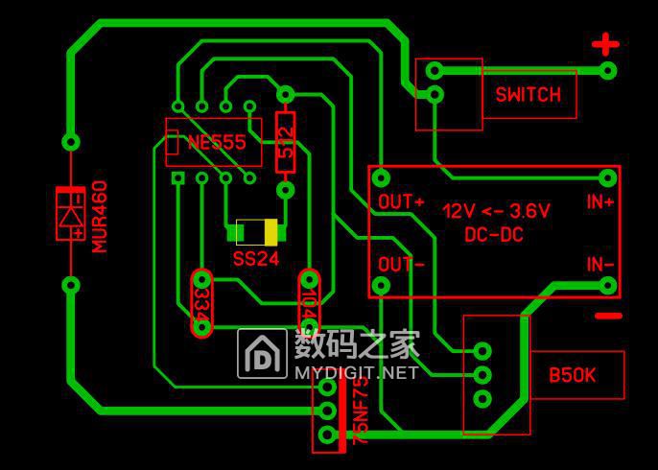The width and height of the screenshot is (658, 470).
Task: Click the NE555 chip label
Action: [216, 142]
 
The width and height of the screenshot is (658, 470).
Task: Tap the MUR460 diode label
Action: [100, 217]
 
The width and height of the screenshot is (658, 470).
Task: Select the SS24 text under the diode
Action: [255, 258]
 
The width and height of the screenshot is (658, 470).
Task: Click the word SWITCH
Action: [528, 94]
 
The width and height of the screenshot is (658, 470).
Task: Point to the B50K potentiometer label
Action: [572, 375]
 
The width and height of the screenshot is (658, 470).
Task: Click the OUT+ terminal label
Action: [401, 202]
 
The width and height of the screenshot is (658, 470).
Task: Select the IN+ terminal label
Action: [600, 202]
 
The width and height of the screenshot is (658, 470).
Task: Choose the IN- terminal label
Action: [600, 264]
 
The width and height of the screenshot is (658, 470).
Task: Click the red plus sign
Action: [604, 44]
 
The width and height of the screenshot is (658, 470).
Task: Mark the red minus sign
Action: [607, 316]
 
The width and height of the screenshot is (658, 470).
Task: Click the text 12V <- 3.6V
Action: [496, 210]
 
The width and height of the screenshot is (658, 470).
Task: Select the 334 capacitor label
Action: [201, 303]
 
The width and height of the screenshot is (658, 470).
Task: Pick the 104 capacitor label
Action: [308, 304]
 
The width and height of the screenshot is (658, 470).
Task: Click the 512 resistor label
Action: [285, 141]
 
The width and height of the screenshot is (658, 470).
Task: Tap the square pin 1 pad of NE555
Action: [176, 177]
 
